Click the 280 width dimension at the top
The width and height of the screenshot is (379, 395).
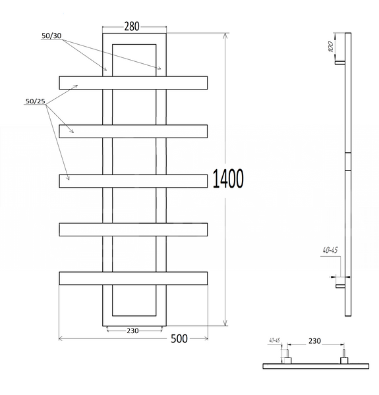tap(132, 26)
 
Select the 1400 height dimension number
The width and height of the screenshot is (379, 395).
tap(228, 178)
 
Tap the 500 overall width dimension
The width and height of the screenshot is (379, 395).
tap(179, 339)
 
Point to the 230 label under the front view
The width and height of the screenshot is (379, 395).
tap(132, 330)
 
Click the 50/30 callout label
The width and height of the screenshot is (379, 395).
tap(51, 36)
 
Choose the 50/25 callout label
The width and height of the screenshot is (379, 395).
tap(36, 101)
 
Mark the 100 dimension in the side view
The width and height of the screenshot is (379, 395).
tap(331, 47)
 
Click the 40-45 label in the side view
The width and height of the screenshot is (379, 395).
tap(330, 250)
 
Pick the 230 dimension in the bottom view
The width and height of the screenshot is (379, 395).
tap(314, 341)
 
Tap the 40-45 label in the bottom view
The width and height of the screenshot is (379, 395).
tap(275, 340)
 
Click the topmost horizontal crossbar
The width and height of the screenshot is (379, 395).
tap(133, 83)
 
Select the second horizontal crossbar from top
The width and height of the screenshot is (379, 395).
tap(133, 131)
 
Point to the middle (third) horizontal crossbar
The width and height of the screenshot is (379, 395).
tap(133, 181)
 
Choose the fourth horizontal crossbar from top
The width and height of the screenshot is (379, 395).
tap(133, 230)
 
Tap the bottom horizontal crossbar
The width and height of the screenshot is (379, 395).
tap(133, 278)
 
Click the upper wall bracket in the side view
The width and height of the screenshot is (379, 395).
tap(340, 63)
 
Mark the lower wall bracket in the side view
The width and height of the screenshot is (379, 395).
tap(340, 286)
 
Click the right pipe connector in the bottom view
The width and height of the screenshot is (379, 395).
tap(344, 357)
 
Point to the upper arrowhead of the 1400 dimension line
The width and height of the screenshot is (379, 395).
tap(225, 36)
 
